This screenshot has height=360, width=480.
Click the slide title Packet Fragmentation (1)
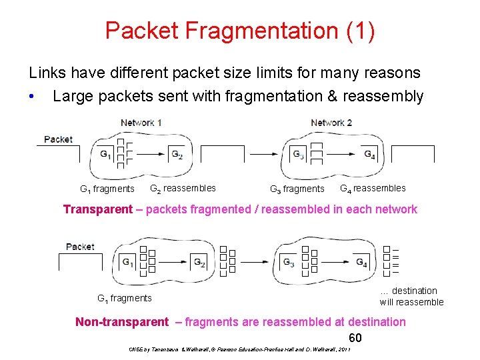pos(240,31)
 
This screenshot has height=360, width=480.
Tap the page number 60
pos(355,337)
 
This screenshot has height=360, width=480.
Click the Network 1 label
pos(141,123)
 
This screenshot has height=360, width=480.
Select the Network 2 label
pos(331,123)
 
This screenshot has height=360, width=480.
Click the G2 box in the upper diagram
pos(177,155)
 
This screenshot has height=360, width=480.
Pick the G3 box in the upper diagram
pos(299,155)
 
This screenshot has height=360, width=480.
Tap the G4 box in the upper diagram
pos(370,155)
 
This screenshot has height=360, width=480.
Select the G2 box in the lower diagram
pos(199,262)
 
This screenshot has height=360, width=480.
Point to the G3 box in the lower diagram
pos(289,262)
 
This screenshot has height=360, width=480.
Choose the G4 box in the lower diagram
pos(361,262)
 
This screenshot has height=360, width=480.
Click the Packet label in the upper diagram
pos(58,139)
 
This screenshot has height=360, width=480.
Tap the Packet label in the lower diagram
pos(80,247)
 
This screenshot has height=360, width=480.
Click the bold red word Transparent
pos(98,209)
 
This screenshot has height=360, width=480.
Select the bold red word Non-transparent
pos(122,322)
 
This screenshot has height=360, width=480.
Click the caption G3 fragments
pos(297,189)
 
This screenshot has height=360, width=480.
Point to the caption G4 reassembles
pos(373,188)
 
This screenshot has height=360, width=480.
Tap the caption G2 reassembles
pos(183,188)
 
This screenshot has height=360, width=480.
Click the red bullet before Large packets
pos(32,97)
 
